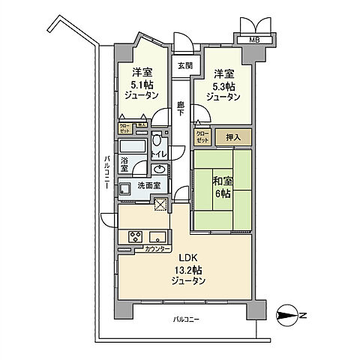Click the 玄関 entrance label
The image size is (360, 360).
[183, 65]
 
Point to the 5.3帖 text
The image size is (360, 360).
[223, 85]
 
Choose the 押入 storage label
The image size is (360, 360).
[233, 136]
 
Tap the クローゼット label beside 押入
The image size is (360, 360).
[202, 136]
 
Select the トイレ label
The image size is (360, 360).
[159, 154]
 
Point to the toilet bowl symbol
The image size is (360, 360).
[156, 140]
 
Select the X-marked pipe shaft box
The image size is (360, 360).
[160, 204]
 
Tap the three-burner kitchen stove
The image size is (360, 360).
[136, 237]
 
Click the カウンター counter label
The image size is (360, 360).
[145, 247]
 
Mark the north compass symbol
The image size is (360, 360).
[288, 315]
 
